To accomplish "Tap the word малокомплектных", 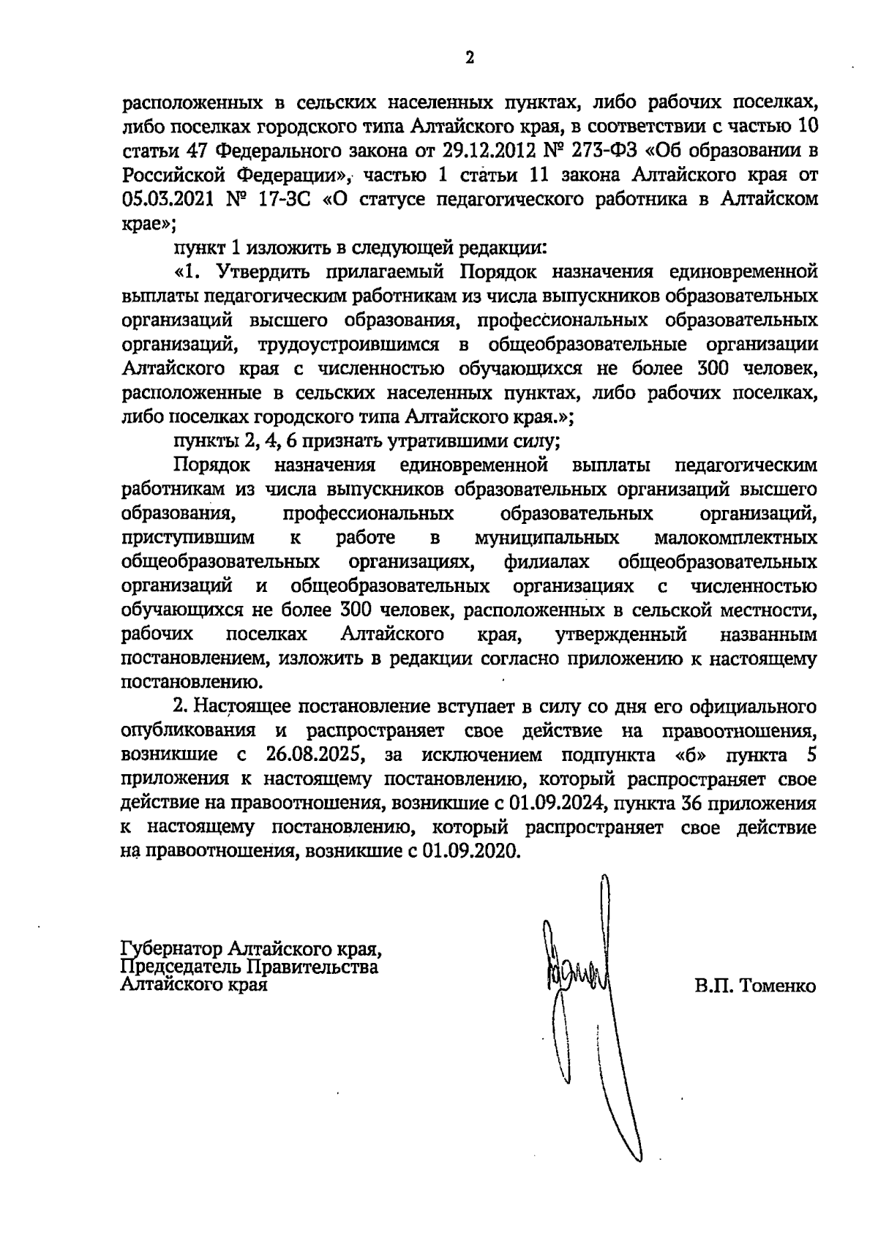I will pyautogui.click(x=735, y=538).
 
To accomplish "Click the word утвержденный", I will pyautogui.click(x=620, y=634).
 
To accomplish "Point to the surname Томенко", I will pyautogui.click(x=778, y=986).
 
